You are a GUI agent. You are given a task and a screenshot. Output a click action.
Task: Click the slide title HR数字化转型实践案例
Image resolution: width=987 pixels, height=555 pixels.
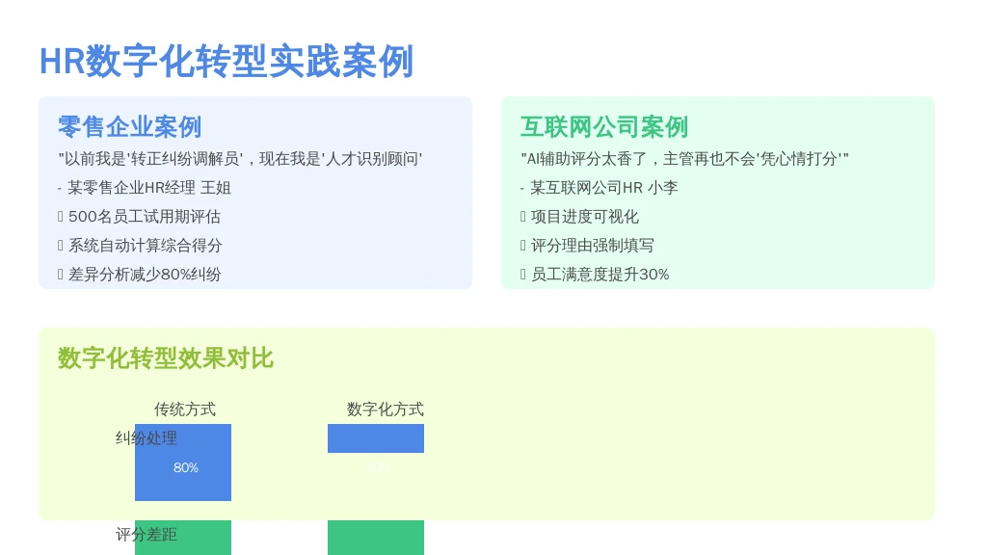click(226, 62)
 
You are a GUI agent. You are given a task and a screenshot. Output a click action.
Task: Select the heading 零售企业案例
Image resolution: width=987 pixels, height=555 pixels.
click(129, 127)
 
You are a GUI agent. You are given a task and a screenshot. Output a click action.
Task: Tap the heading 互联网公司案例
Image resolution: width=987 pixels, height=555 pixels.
click(603, 127)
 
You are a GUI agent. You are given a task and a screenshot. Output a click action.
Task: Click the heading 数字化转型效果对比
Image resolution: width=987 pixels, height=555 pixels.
click(165, 358)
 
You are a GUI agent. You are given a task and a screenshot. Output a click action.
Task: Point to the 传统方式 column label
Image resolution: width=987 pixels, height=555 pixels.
click(185, 410)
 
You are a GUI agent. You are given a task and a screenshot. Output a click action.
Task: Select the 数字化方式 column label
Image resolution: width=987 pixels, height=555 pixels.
click(385, 410)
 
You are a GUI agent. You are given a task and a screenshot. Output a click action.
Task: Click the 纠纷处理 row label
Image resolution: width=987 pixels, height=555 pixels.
click(147, 438)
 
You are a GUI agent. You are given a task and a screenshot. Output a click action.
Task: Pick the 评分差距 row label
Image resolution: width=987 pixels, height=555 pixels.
click(147, 535)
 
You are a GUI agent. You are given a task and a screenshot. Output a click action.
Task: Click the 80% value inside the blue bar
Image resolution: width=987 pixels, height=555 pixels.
click(186, 468)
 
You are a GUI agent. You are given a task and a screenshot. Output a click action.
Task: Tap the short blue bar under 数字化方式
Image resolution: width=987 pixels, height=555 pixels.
click(376, 438)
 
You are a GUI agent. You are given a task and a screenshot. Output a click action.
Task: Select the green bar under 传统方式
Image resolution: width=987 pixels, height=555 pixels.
click(183, 539)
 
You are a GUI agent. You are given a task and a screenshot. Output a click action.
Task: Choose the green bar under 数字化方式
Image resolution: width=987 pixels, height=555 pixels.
click(376, 538)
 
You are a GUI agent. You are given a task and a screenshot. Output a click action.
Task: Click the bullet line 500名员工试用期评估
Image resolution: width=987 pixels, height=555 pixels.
click(145, 217)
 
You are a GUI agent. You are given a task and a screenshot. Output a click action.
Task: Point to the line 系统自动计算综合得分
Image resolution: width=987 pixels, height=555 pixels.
click(145, 246)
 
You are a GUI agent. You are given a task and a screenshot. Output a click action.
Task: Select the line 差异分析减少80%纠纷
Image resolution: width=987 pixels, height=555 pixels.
click(145, 275)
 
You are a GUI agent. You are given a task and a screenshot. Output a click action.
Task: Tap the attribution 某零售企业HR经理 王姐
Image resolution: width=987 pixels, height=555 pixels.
click(148, 188)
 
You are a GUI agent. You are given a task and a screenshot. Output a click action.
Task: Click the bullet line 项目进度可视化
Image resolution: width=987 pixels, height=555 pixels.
click(584, 217)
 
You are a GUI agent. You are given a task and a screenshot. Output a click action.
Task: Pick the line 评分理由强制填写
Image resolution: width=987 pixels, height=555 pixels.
click(592, 246)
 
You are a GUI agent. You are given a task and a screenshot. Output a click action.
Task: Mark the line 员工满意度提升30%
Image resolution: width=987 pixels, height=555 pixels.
click(600, 275)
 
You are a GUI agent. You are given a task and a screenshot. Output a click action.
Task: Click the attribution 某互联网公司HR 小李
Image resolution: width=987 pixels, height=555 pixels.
click(603, 188)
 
